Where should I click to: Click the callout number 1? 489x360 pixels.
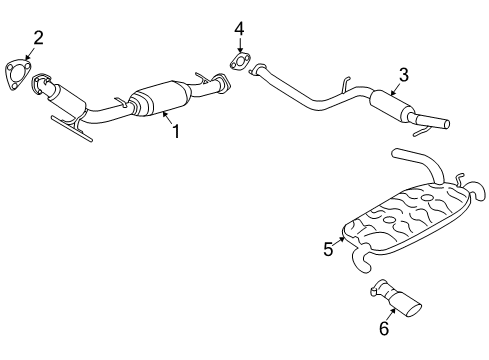(x=176, y=131)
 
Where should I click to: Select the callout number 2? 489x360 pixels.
(x=38, y=38)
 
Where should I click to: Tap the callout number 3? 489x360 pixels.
(x=403, y=73)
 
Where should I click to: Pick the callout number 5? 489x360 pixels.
(x=328, y=249)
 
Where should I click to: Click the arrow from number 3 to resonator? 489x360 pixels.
(x=395, y=88)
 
